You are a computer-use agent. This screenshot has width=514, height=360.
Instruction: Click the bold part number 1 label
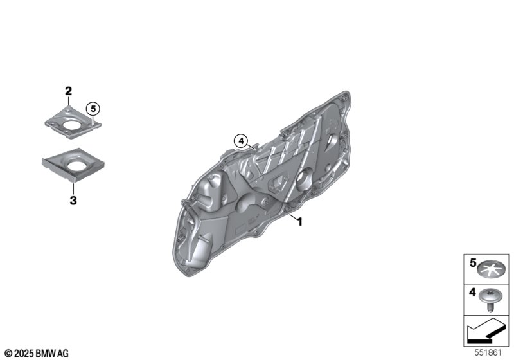coord(299,222)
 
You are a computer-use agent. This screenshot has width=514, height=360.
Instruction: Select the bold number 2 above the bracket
coord(68,91)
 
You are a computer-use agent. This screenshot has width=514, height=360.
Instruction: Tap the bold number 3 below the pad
coord(73,200)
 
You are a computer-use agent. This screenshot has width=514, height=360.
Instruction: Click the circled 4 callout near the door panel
coord(242,141)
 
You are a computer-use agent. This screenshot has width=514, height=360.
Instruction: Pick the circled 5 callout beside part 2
coord(93,109)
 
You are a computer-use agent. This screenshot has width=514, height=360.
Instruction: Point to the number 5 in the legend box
coord(473,263)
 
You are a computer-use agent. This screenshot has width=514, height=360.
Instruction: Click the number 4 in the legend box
coord(472,292)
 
